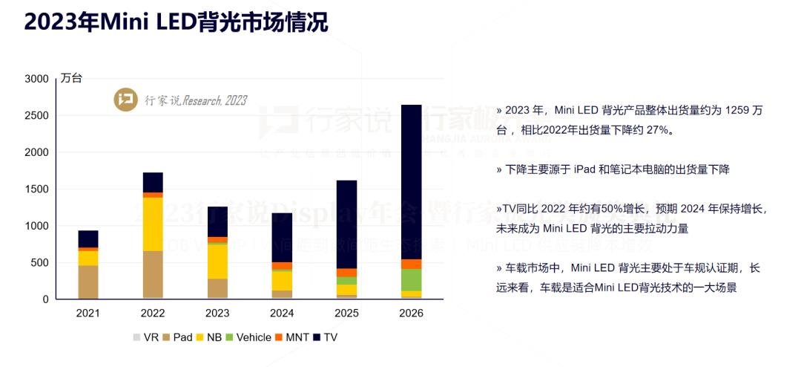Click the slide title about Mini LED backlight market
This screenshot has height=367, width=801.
point(176,22)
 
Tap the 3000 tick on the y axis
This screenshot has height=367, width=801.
point(36,79)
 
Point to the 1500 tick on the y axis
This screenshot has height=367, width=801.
point(36,189)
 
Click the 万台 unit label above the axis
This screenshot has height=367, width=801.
point(71,78)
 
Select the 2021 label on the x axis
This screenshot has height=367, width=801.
point(88,314)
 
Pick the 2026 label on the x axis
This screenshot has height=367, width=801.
point(411,314)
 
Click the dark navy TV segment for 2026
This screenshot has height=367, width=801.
point(411,182)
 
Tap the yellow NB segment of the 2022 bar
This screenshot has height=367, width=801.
point(153,224)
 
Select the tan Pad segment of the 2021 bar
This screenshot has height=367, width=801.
point(88,282)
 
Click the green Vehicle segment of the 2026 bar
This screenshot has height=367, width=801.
point(411,279)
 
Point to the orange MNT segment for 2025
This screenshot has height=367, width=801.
point(346,273)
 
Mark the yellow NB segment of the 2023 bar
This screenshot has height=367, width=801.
point(217,261)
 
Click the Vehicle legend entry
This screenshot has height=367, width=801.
point(248,337)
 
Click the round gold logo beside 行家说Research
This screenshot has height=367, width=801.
point(125,100)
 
